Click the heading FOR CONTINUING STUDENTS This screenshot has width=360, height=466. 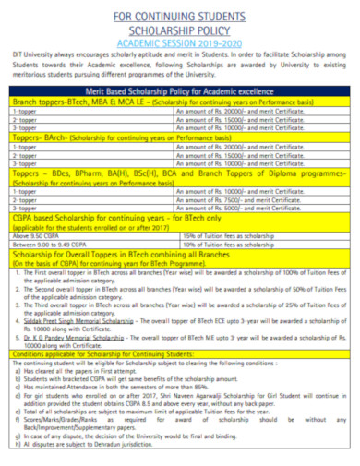(x=179, y=17)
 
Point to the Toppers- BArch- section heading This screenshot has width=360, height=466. (x=38, y=137)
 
